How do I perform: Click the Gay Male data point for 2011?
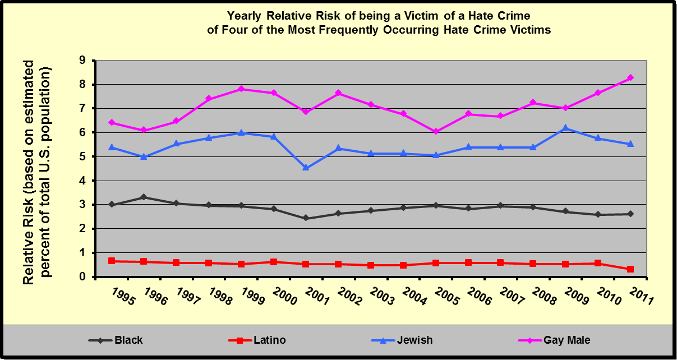(630, 77)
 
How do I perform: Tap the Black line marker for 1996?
(144, 197)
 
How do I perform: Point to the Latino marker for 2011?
(630, 269)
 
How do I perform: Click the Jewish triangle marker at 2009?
(565, 128)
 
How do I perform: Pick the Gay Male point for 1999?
(241, 89)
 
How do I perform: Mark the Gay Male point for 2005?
(436, 132)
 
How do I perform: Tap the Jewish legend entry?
(403, 340)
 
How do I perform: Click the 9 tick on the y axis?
(83, 61)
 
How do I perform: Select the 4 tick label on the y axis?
(83, 181)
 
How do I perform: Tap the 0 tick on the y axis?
(83, 277)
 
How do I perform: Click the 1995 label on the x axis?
(123, 297)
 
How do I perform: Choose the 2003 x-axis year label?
(381, 297)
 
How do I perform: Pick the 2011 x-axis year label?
(639, 297)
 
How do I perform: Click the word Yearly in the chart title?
(245, 15)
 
